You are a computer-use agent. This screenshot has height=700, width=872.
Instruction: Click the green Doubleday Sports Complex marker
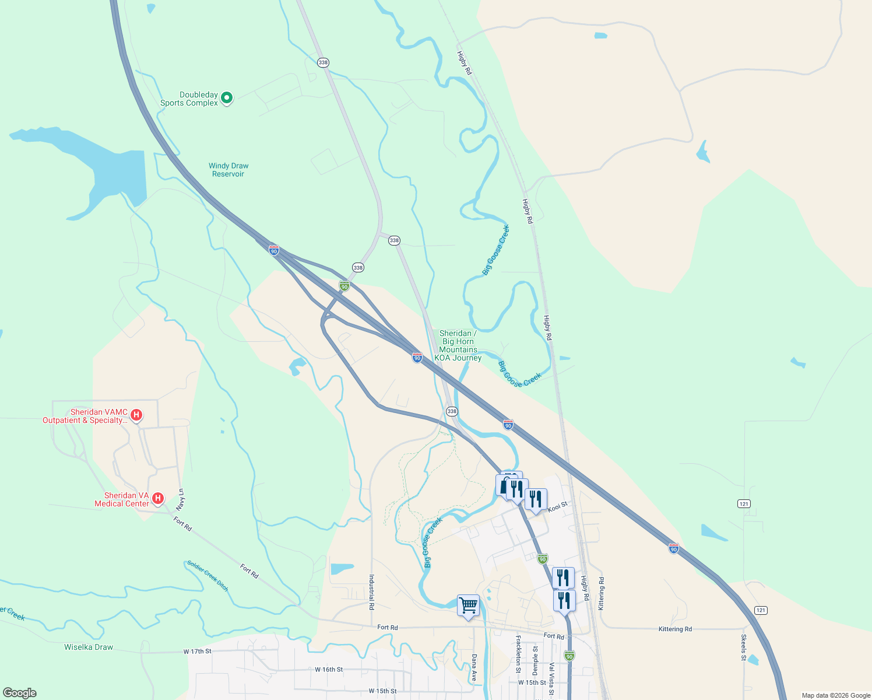click(x=227, y=98)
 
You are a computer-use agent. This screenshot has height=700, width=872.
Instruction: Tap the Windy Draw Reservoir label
click(x=228, y=170)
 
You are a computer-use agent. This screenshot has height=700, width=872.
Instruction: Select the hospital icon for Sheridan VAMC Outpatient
click(x=136, y=415)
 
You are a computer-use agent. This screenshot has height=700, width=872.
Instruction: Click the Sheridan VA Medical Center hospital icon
click(x=157, y=498)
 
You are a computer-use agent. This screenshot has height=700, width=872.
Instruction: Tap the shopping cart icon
click(x=468, y=606)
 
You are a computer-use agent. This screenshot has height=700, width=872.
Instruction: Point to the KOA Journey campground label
click(x=458, y=345)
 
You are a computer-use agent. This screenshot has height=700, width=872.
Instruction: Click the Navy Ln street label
click(x=181, y=500)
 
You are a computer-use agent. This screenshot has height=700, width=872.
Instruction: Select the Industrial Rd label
click(x=371, y=592)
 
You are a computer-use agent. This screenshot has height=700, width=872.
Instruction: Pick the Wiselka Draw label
click(x=89, y=647)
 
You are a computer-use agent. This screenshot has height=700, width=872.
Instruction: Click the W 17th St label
click(x=197, y=652)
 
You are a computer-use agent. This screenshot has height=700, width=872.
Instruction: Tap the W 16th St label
click(x=329, y=670)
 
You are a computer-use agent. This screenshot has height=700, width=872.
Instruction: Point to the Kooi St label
click(x=557, y=506)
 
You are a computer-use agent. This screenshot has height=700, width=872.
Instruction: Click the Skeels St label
click(x=744, y=647)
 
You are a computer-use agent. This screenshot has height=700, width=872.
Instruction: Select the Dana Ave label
click(x=474, y=667)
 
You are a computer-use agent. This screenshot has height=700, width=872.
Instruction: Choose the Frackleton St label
click(x=518, y=654)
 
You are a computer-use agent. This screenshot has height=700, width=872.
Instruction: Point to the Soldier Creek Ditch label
click(x=208, y=575)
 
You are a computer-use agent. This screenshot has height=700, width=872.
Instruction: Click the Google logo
click(x=20, y=693)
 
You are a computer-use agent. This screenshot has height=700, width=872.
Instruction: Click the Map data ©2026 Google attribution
click(x=836, y=695)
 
